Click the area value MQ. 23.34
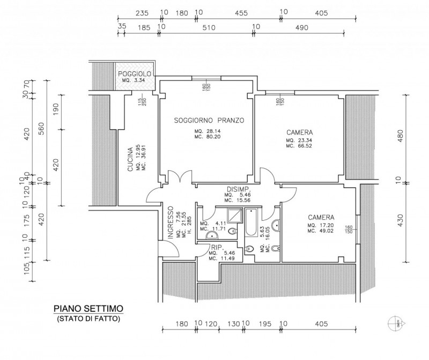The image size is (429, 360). click(299, 140)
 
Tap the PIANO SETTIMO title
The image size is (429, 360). click(88, 309)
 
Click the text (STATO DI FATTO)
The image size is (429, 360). click(88, 318)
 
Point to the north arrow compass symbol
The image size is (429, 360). click(395, 322)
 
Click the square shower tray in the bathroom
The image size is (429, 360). click(234, 215)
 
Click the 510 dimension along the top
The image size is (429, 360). click(206, 27)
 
